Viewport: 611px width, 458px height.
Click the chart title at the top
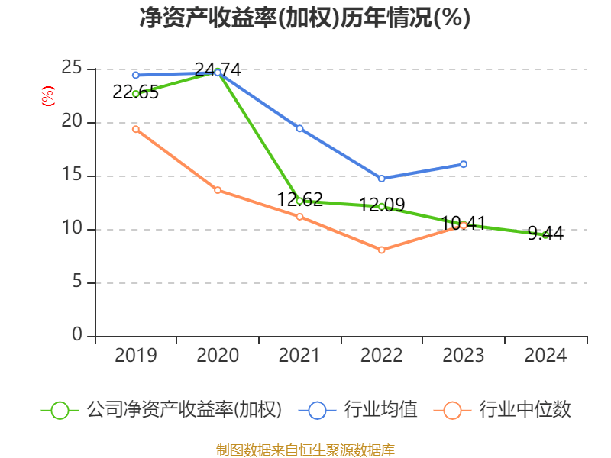(x=305, y=18)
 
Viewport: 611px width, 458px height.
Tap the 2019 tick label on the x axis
(x=136, y=355)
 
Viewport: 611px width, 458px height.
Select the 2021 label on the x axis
(x=299, y=355)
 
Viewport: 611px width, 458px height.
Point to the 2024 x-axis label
(x=545, y=355)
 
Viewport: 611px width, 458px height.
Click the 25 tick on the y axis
(x=73, y=69)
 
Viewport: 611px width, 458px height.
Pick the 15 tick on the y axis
(x=73, y=176)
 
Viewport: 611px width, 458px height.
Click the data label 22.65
(x=135, y=92)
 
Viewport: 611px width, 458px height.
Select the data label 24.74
(x=218, y=70)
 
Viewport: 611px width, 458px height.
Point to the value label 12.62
(x=299, y=200)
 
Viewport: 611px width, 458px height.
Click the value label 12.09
(x=382, y=205)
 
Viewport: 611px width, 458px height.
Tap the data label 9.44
(x=545, y=234)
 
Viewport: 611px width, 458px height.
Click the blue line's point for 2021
(x=299, y=128)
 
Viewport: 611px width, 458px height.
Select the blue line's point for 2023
(x=464, y=164)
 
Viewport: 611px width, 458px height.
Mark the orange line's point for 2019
(x=135, y=129)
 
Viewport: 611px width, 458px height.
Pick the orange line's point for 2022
(x=382, y=250)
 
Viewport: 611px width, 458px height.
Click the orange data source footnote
(x=305, y=450)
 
